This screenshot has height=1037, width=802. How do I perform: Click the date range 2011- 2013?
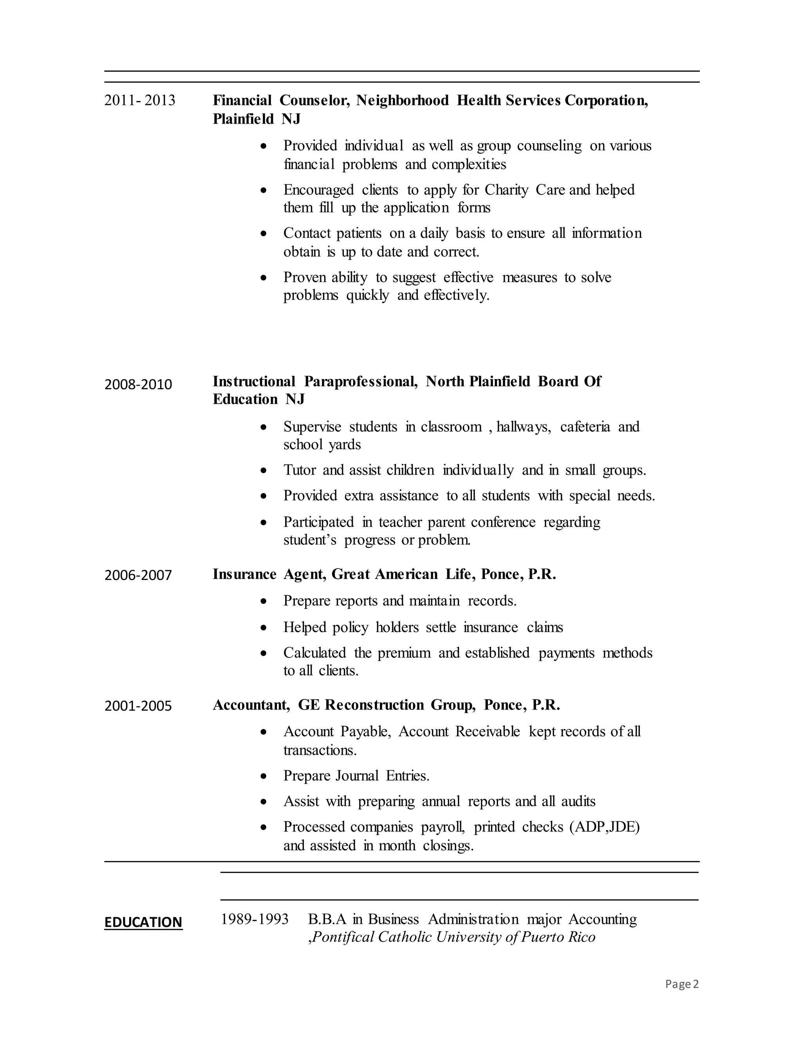point(140,100)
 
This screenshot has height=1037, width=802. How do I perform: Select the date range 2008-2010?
point(138,384)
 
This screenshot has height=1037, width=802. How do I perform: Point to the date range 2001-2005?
point(138,706)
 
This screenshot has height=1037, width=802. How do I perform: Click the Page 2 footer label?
point(682,984)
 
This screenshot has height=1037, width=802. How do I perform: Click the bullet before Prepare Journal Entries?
point(264,776)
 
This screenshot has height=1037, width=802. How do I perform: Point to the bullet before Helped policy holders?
point(264,628)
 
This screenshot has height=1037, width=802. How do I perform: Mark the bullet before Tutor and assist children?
point(264,470)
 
